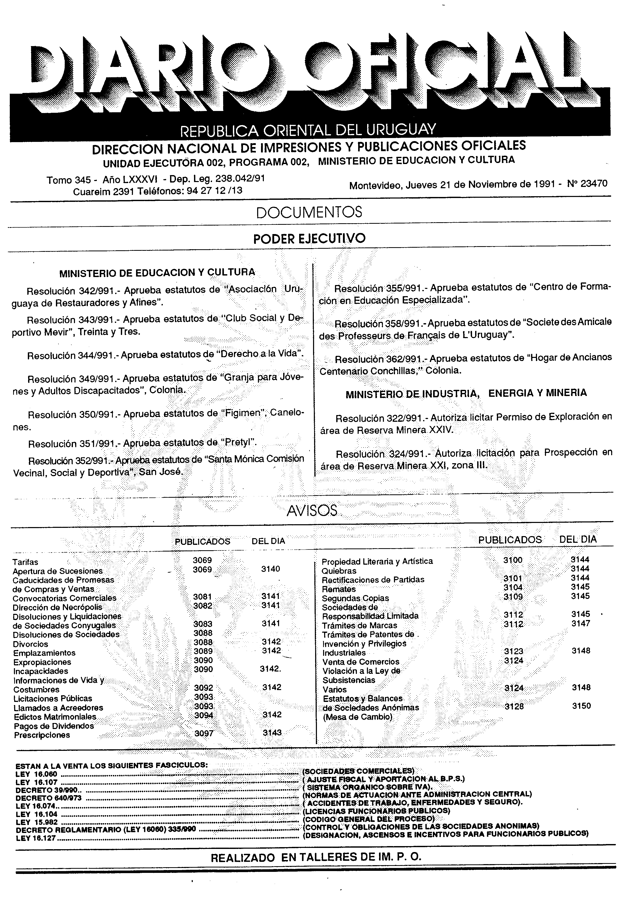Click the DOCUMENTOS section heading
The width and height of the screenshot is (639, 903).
(309, 212)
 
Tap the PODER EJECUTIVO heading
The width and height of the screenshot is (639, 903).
(309, 239)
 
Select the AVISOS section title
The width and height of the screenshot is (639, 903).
(312, 511)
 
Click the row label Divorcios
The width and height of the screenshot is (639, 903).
(30, 644)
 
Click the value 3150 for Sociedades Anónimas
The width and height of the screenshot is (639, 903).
(581, 706)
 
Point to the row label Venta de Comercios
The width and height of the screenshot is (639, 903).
(361, 662)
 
